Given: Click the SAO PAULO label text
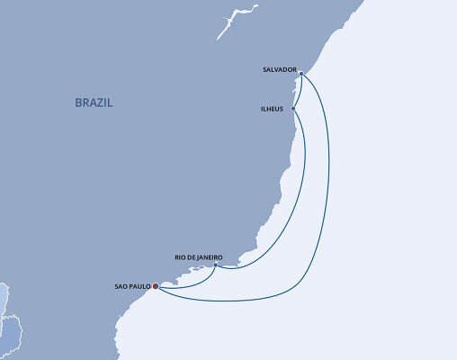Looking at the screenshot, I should [133, 287].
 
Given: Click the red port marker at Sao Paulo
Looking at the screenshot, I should [156, 287].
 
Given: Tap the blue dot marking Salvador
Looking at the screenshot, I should [301, 74].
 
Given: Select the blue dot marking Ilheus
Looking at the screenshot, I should [293, 109].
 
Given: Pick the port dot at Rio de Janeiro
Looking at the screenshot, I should [216, 265].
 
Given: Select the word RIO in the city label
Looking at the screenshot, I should [179, 257].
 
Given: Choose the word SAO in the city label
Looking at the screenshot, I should [121, 287].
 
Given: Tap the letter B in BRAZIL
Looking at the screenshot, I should [79, 103].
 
